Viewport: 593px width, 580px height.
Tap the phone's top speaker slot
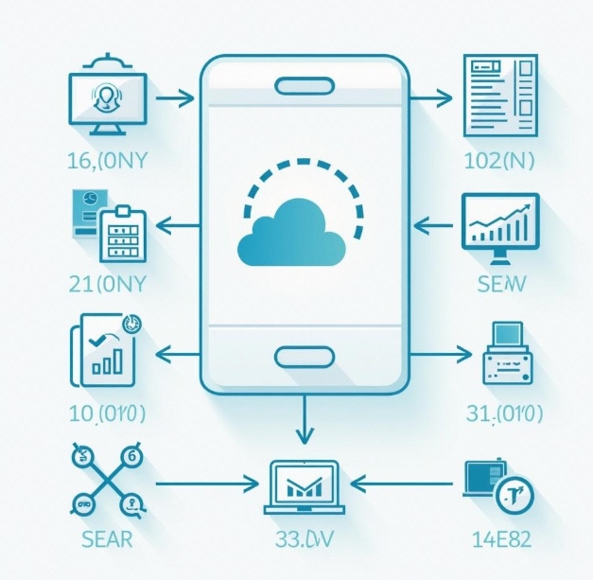coord(304,87)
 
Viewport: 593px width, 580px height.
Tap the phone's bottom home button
coord(304,357)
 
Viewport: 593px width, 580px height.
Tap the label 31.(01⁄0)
coord(504,414)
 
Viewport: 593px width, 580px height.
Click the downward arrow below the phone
coord(304,421)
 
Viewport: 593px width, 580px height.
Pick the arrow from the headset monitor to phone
coord(175,97)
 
